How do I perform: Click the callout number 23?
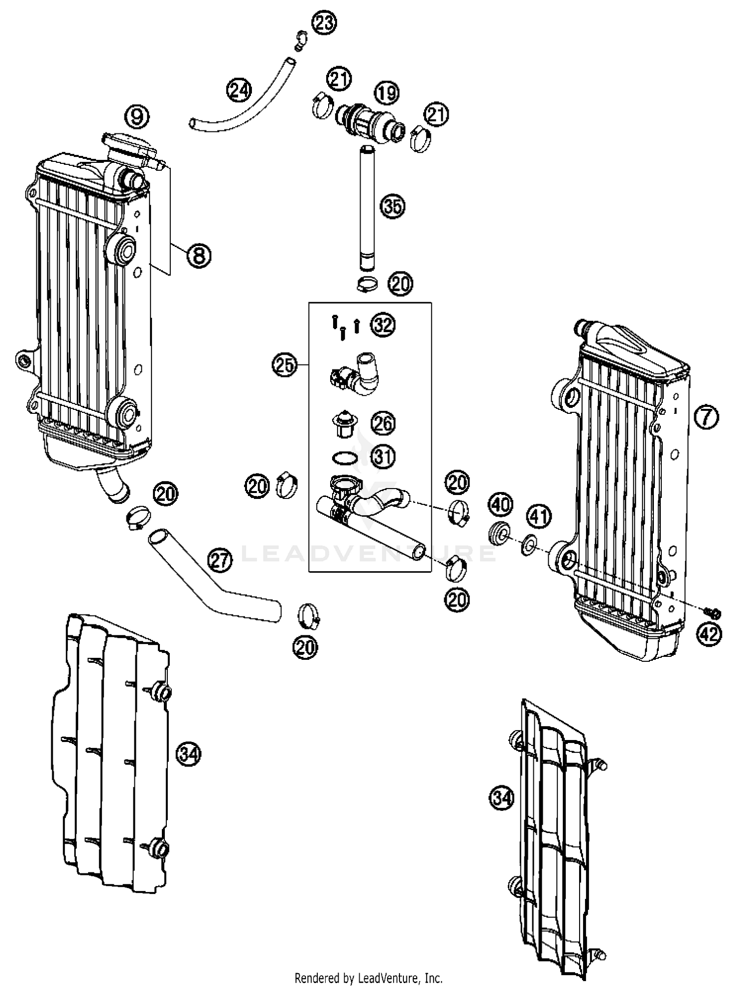click(324, 24)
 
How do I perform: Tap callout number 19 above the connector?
click(387, 93)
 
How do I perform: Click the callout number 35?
click(392, 206)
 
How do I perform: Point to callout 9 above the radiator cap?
click(137, 117)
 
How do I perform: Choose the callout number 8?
click(199, 255)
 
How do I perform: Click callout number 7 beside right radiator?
click(707, 417)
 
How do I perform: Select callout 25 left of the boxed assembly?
click(285, 365)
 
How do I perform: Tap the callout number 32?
click(383, 325)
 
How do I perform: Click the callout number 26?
click(383, 424)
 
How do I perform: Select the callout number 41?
click(540, 516)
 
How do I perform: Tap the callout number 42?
click(709, 634)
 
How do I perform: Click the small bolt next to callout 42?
click(712, 613)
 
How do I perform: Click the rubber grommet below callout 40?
click(500, 534)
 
